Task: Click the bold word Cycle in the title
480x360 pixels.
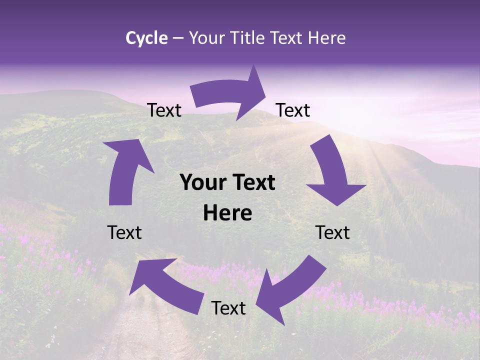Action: point(146,38)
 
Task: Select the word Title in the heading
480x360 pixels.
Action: point(251,38)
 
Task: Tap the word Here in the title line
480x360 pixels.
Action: point(327,38)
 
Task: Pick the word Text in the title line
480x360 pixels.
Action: point(288,38)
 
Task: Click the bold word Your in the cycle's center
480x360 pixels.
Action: point(203,183)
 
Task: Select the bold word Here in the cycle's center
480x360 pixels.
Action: point(227,213)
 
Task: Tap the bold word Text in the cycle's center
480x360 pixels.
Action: point(252,183)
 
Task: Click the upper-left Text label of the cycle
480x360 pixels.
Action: point(164,110)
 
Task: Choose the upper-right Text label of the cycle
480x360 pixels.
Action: point(293,110)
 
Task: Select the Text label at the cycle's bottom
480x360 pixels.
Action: point(228,308)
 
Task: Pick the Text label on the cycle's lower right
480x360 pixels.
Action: point(332,232)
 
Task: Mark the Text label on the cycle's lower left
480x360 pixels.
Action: point(124,232)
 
